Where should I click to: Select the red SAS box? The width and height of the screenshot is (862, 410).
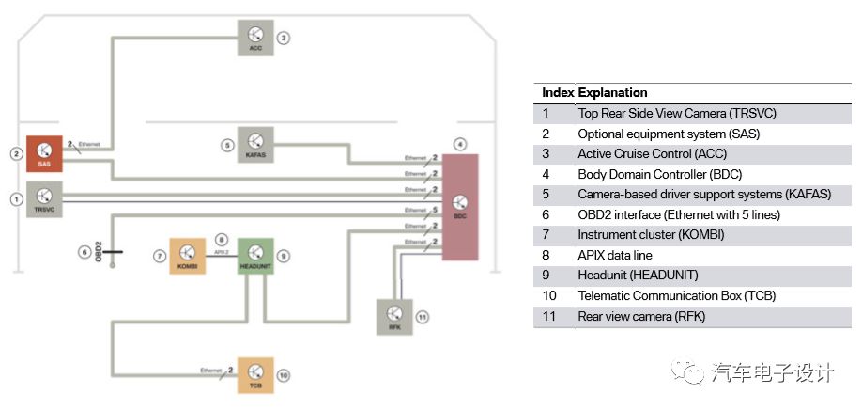[x=44, y=153]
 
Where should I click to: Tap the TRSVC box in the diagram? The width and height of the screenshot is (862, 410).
[x=44, y=199]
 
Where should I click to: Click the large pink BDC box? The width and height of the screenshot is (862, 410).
[x=459, y=207]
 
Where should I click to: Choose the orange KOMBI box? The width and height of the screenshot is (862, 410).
[x=187, y=255]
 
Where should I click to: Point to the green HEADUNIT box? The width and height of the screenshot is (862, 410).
[x=254, y=255]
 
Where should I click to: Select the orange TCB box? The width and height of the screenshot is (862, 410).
[x=255, y=374]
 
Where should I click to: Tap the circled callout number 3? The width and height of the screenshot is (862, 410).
[x=284, y=39]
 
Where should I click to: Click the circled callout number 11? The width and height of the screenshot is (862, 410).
[x=423, y=318]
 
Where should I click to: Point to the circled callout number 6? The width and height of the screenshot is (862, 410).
[x=85, y=251]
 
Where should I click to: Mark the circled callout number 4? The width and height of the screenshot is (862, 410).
[x=459, y=144]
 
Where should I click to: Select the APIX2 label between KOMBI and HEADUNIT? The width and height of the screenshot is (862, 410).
[x=222, y=252]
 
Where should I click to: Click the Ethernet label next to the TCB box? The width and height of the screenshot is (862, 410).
[x=211, y=371]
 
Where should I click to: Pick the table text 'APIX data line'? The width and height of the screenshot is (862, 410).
[x=615, y=255]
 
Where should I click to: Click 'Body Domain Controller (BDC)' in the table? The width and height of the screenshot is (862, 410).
[x=661, y=174]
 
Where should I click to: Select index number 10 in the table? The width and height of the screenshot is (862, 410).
[x=549, y=295]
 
